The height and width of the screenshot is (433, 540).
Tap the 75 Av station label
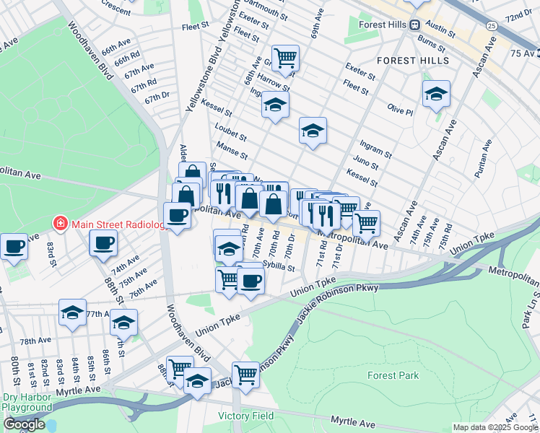[524, 53]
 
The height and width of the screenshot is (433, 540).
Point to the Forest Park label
[392, 375]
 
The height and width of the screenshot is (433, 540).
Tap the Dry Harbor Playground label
[27, 402]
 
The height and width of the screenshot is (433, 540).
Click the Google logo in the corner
[24, 424]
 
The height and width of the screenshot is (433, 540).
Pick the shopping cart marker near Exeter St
[286, 57]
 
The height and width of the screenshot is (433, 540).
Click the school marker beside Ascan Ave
[436, 93]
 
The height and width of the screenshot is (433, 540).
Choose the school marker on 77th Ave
[72, 312]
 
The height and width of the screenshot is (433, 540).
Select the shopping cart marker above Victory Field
[245, 374]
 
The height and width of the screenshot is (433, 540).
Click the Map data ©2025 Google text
[495, 427]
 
